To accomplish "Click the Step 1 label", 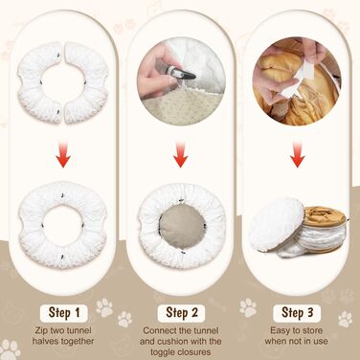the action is (64, 313).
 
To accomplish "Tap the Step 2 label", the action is (181, 313).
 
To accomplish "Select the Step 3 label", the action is (297, 313).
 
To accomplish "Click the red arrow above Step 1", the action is (64, 155).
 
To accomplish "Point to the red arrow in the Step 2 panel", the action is (181, 155).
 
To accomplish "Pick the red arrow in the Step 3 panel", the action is (298, 155).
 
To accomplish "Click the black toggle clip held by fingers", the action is (182, 75).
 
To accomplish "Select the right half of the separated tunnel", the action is (88, 82).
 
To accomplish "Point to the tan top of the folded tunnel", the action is (324, 215).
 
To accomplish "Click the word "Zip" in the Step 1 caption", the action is (43, 330).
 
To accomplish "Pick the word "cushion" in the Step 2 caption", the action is (175, 341).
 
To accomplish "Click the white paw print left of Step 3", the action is (248, 307).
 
